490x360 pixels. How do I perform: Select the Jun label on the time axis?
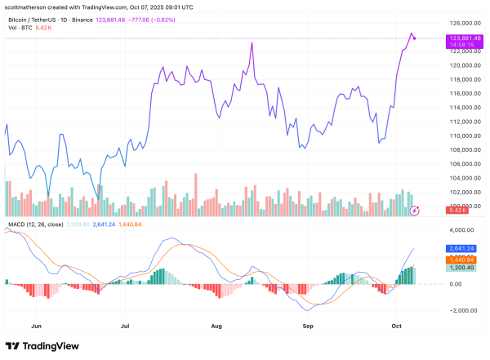[35, 325]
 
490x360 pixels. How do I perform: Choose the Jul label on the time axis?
[126, 325]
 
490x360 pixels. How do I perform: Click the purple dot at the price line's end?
[416, 38]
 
